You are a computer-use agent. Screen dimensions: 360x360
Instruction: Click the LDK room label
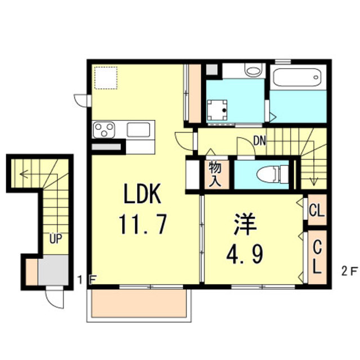click(142, 195)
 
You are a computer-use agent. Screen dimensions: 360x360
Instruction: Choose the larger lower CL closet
click(316, 256)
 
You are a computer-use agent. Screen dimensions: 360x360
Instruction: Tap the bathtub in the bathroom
click(297, 78)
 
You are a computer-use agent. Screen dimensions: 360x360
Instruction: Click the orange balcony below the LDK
click(138, 305)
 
